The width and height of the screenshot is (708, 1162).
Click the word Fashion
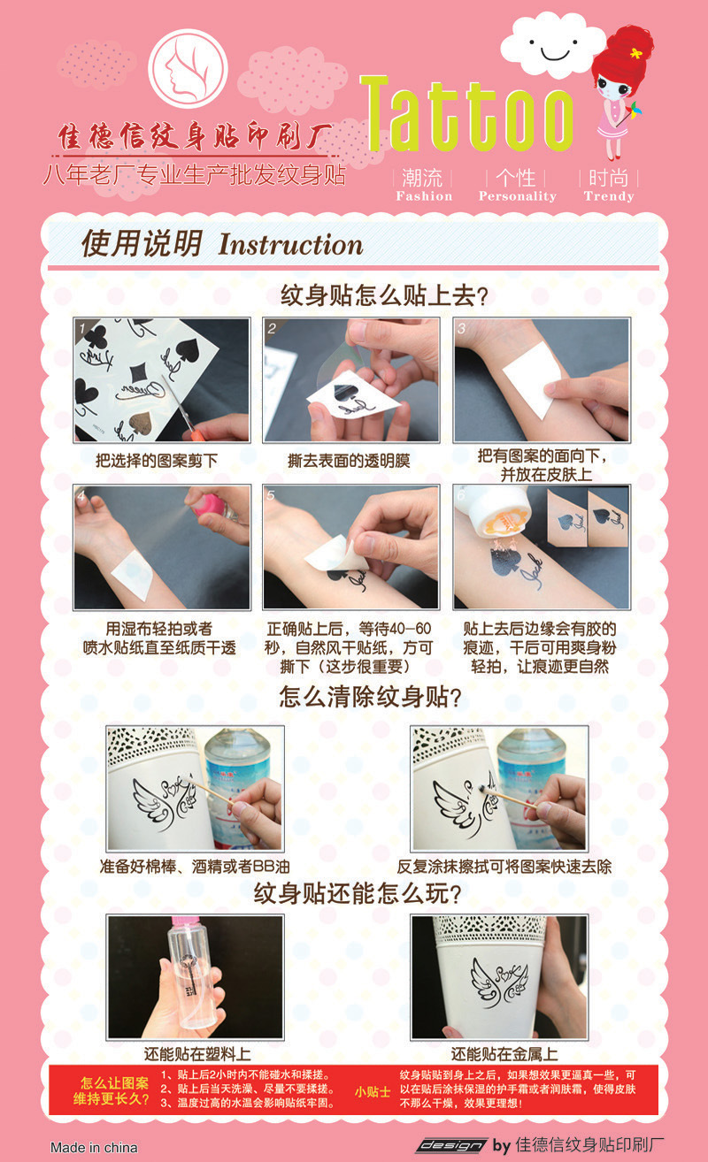(x=424, y=196)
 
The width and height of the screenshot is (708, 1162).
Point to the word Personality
(x=517, y=196)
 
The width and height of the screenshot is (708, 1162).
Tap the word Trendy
(x=609, y=196)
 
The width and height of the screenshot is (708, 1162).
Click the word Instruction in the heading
(x=290, y=245)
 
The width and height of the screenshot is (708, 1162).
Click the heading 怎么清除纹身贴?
(x=370, y=697)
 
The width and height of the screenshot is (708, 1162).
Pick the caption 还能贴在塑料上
(x=197, y=1054)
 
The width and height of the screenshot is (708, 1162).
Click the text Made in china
(x=94, y=1147)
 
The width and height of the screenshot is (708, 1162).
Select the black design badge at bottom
(x=451, y=1145)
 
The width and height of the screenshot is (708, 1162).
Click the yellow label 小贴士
(x=373, y=1091)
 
